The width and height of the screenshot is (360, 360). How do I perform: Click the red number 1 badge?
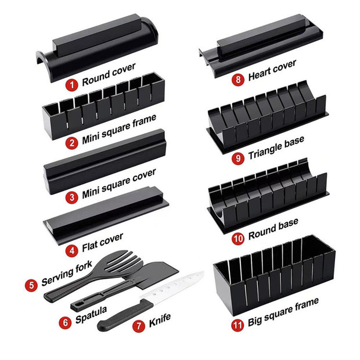[x=72, y=85]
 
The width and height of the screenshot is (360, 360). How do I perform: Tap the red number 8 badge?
[x=238, y=80]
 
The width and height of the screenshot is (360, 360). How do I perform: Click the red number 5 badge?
[x=31, y=286]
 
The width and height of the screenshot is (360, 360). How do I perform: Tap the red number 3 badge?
[x=71, y=197]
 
